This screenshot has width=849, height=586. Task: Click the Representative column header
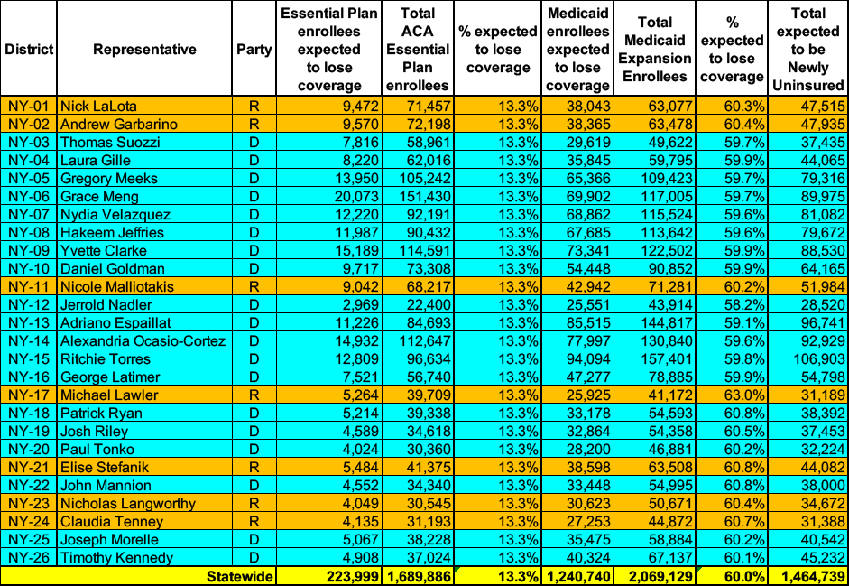[x=144, y=49]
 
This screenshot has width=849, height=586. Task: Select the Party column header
[x=254, y=49]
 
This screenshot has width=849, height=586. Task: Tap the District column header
[x=29, y=49]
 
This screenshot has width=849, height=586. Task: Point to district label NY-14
[x=30, y=340]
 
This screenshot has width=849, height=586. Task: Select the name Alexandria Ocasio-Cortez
[x=143, y=340]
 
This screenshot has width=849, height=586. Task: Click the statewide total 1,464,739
[x=807, y=576]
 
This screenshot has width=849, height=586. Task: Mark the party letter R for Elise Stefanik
[x=254, y=467]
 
